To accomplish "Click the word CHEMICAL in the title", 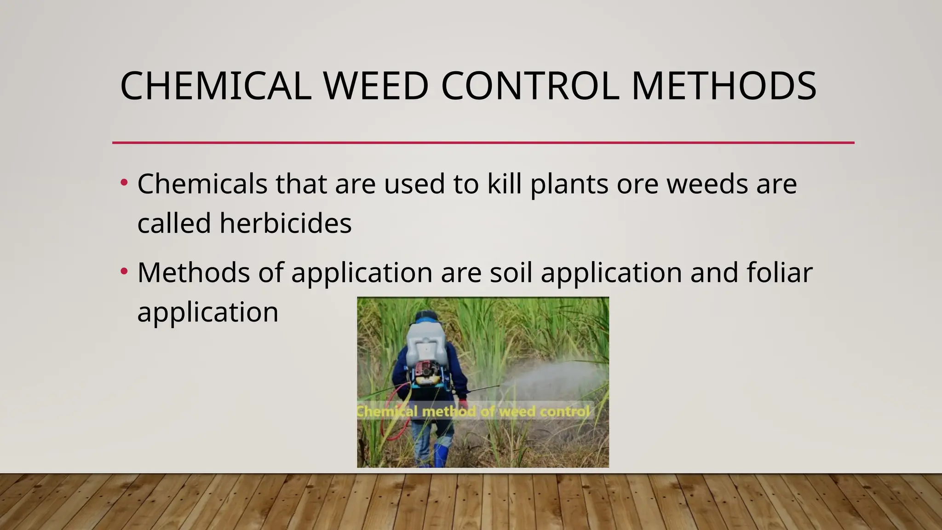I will coord(215,86).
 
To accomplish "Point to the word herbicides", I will coord(285,223).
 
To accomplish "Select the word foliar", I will coord(779,272).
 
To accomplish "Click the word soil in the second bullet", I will coord(511,272).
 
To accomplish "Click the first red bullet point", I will coord(123,183).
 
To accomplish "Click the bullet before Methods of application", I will coord(123,271).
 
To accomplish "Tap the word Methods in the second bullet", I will coord(193,272).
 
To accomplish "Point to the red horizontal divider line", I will coord(483,143).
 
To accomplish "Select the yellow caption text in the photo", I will coord(474,411).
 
